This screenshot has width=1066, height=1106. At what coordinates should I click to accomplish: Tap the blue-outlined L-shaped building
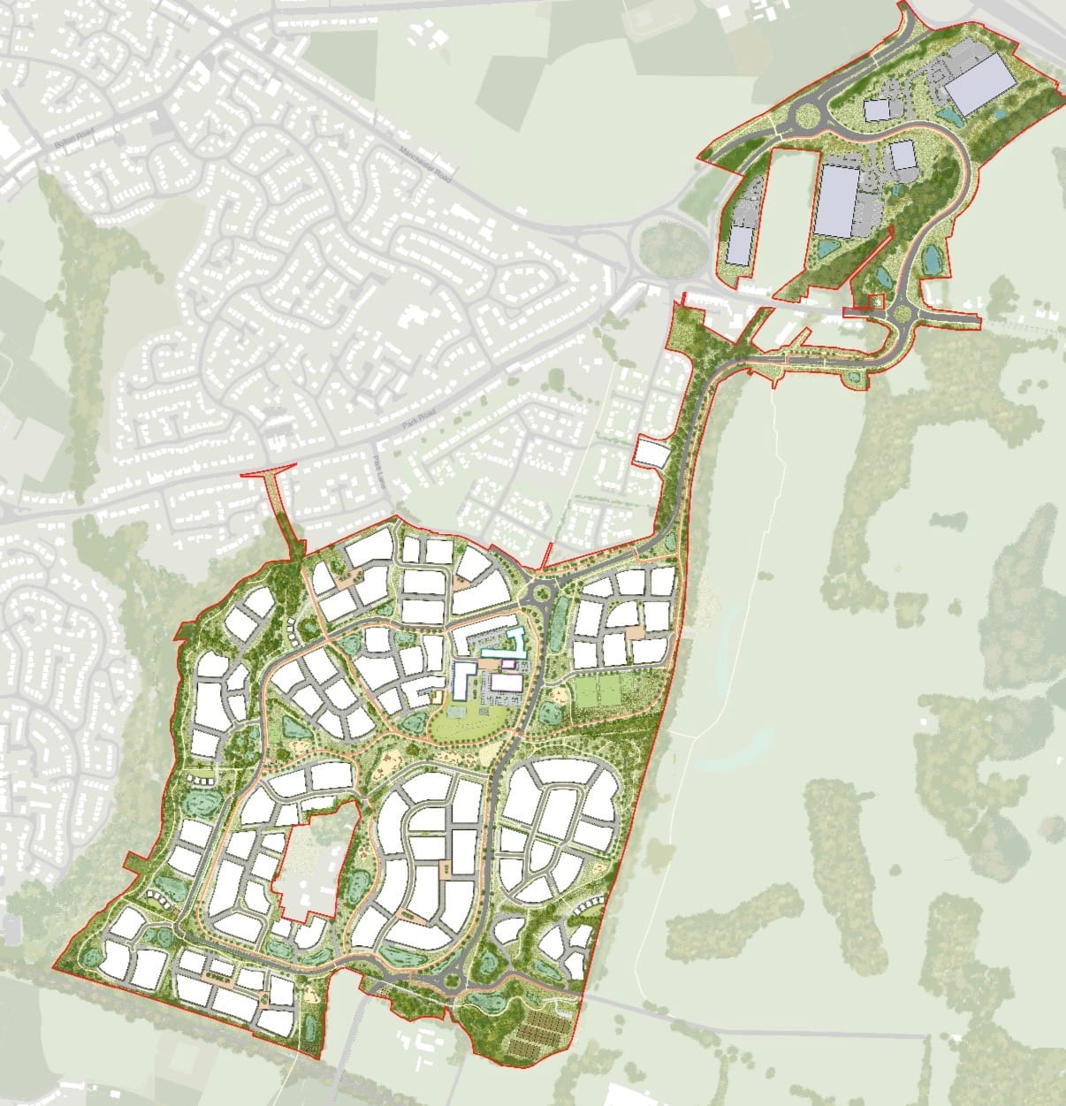coord(461,682)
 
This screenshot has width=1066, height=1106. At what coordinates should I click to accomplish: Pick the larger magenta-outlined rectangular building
coord(506,683)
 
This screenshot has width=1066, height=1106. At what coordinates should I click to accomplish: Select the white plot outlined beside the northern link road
coord(653,452)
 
